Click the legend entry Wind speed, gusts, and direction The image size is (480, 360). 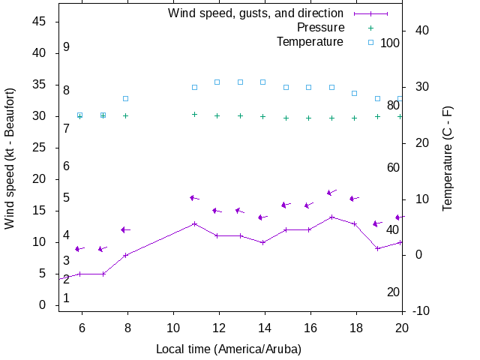(x=256, y=13)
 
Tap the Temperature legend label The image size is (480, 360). (x=310, y=41)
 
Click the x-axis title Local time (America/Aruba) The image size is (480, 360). (x=229, y=349)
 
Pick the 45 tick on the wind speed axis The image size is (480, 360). (x=40, y=22)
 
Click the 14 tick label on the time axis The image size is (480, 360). (x=265, y=327)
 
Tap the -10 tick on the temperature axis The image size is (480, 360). (x=421, y=311)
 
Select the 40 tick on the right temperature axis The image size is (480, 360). (x=421, y=31)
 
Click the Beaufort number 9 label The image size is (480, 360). (x=66, y=47)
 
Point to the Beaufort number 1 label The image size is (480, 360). (x=66, y=298)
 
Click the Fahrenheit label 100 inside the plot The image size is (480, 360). (x=390, y=43)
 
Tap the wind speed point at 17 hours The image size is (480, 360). (x=331, y=217)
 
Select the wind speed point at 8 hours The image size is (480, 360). (x=126, y=255)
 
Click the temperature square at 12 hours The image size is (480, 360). (x=217, y=82)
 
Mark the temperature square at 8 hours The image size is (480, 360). (x=126, y=98)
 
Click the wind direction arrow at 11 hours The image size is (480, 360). (x=194, y=198)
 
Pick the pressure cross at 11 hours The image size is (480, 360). (x=194, y=115)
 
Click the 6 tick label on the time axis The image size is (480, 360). (x=82, y=327)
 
